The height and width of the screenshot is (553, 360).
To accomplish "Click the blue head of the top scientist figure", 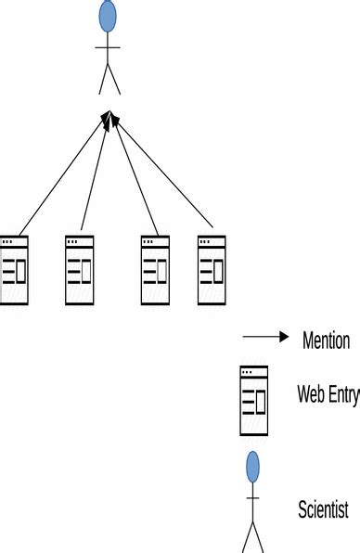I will coord(109,15).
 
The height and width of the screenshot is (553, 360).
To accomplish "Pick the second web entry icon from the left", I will coord(79,270).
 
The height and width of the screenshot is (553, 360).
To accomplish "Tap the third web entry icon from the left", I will coord(155,270).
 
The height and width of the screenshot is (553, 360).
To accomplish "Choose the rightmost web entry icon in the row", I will coord(212,270).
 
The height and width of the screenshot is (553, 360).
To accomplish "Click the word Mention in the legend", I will coord(326,341).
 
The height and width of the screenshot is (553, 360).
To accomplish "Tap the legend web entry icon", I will coord(253,400).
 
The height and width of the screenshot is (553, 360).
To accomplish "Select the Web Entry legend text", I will coord(328,394).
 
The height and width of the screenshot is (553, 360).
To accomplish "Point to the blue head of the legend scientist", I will coord(252,466).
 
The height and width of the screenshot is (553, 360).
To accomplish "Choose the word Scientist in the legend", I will coord(323,508).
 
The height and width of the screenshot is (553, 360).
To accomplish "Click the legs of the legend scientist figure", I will coord(252,536).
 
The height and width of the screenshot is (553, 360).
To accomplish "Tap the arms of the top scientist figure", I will coord(109,45).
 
